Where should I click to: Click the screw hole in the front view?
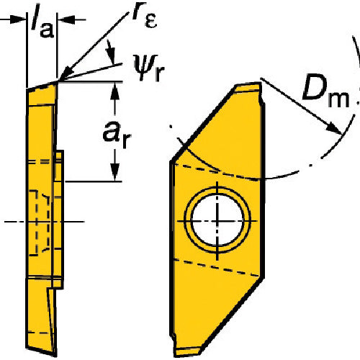pyautogui.click(x=217, y=216)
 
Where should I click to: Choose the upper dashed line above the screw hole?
pyautogui.click(x=216, y=171)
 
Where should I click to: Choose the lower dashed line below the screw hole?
pyautogui.click(x=216, y=267)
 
